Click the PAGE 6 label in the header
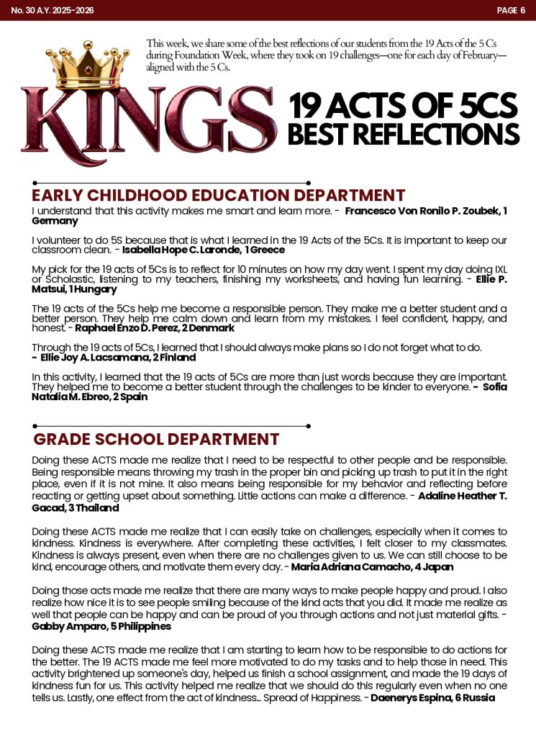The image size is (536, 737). [511, 10]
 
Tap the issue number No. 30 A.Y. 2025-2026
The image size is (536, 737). [53, 10]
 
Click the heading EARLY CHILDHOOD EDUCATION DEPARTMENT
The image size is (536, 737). [219, 195]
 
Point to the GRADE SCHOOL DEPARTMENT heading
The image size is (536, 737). [156, 439]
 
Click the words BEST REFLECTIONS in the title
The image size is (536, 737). [403, 135]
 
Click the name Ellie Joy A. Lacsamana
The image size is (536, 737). [89, 357]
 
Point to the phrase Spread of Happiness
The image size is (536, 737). [312, 697]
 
